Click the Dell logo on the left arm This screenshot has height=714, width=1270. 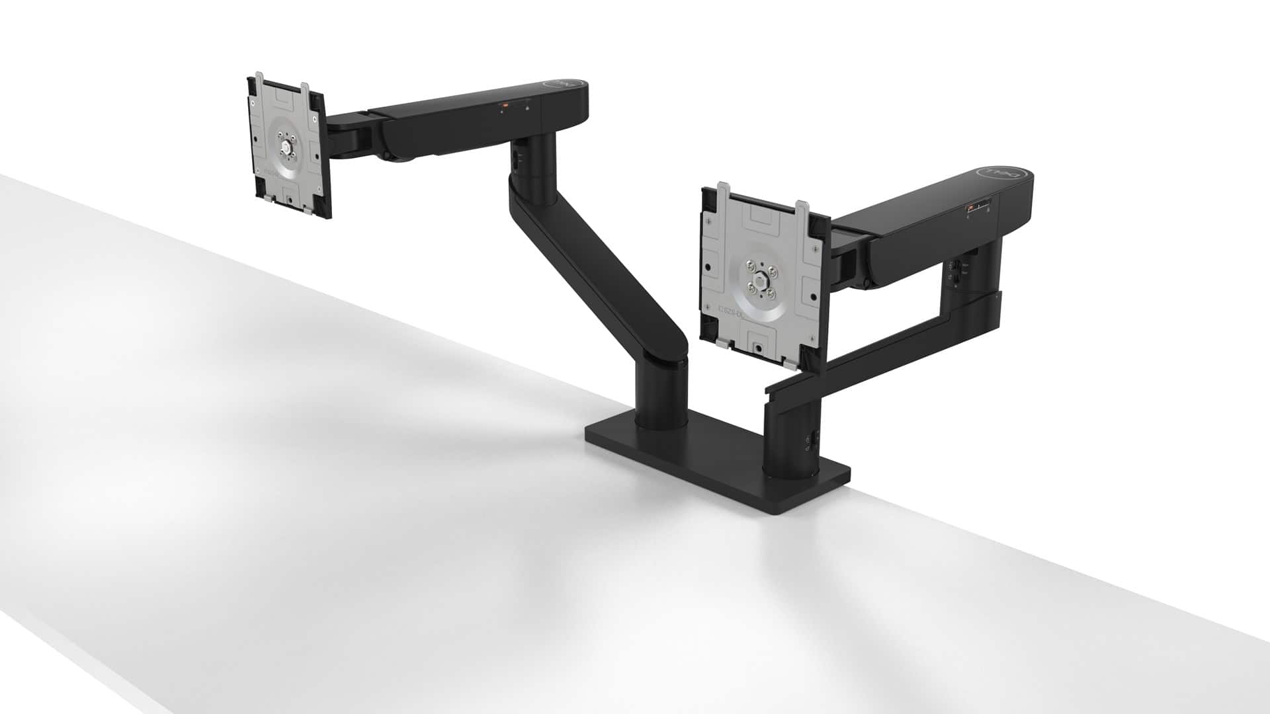pos(561,85)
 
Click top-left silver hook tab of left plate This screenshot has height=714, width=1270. pos(254,87)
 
